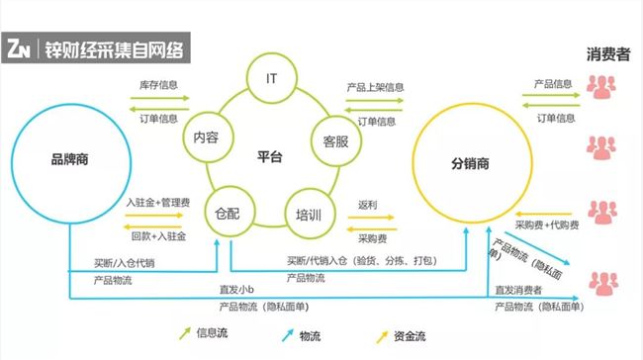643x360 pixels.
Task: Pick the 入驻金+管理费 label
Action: click(x=158, y=203)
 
